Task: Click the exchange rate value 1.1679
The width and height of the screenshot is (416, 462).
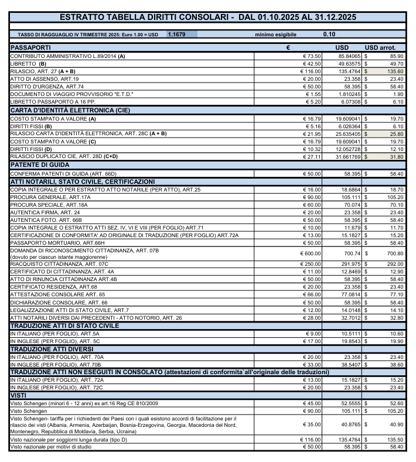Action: pyautogui.click(x=176, y=35)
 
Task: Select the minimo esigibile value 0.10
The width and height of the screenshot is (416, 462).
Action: pyautogui.click(x=329, y=35)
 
